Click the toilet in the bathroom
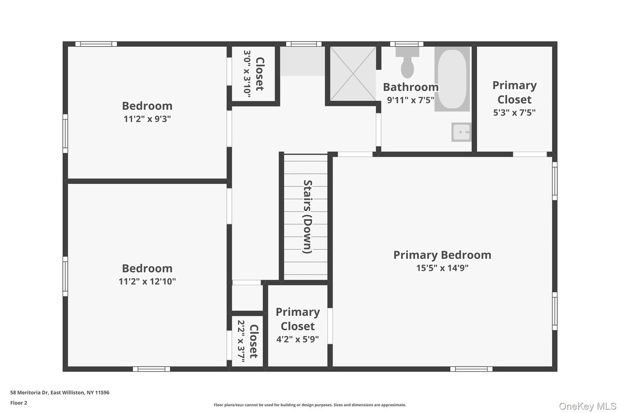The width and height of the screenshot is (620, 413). pyautogui.click(x=408, y=63)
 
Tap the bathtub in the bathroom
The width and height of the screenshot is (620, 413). pyautogui.click(x=452, y=79)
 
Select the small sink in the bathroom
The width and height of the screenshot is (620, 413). pyautogui.click(x=461, y=132)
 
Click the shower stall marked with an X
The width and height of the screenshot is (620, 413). pyautogui.click(x=353, y=73)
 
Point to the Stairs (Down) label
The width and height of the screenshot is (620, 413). pyautogui.click(x=307, y=216)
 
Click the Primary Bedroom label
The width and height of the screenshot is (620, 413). pyautogui.click(x=442, y=255)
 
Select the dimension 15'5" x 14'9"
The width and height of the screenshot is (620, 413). pyautogui.click(x=442, y=268)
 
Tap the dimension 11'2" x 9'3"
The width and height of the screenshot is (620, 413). pyautogui.click(x=147, y=119)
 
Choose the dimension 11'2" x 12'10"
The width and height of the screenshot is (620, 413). pyautogui.click(x=147, y=281)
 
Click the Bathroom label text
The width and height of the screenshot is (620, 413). pyautogui.click(x=411, y=87)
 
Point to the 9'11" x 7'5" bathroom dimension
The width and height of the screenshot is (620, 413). pyautogui.click(x=411, y=100)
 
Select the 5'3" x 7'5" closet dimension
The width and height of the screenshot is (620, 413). pyautogui.click(x=514, y=112)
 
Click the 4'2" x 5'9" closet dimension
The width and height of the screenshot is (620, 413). pyautogui.click(x=298, y=339)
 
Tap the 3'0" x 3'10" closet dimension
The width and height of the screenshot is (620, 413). pyautogui.click(x=247, y=74)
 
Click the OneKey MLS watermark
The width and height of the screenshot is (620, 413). pyautogui.click(x=587, y=406)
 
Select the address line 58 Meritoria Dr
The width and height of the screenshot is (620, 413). pyautogui.click(x=60, y=392)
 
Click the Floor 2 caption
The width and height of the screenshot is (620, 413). pyautogui.click(x=19, y=403)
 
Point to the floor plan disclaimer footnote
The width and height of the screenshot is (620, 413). pyautogui.click(x=309, y=405)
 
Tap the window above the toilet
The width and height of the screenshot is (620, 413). pyautogui.click(x=407, y=44)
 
